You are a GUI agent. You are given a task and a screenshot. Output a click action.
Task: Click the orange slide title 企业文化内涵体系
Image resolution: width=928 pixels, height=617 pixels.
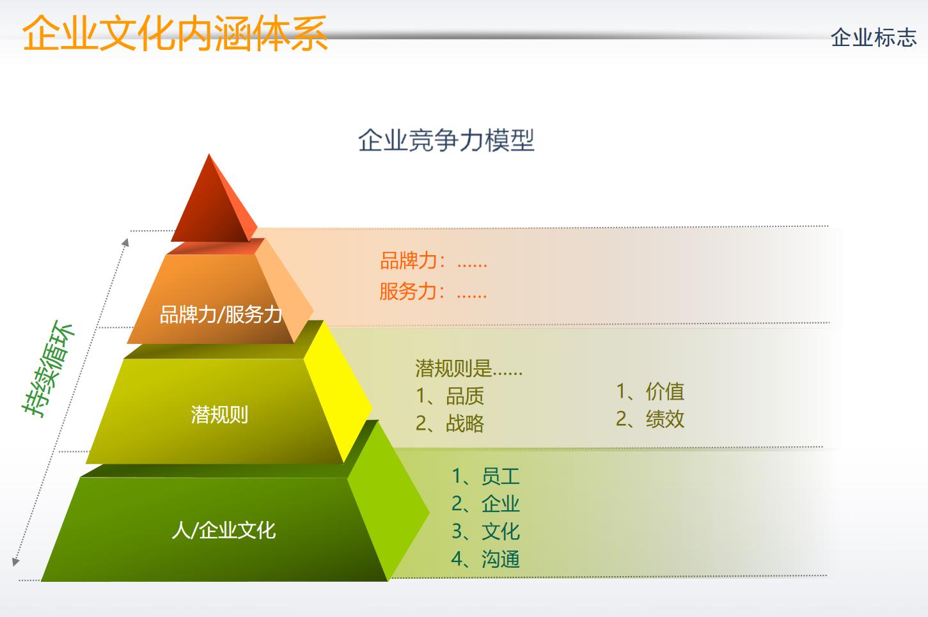(175, 33)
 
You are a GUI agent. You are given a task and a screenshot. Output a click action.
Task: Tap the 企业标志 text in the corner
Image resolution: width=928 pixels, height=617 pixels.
(873, 38)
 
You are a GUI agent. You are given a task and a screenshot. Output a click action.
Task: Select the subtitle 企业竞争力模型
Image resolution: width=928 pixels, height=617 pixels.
(446, 140)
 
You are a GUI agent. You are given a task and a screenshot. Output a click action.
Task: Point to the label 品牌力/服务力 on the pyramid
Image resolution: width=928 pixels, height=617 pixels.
(221, 314)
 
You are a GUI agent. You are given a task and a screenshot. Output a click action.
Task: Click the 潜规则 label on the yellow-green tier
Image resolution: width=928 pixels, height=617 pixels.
(219, 414)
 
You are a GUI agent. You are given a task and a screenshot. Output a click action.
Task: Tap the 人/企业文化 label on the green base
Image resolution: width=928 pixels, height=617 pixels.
(223, 529)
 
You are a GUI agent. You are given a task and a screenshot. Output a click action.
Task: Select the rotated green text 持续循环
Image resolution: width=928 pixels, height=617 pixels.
(49, 369)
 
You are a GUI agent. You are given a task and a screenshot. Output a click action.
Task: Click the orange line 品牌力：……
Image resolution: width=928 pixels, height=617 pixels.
(433, 261)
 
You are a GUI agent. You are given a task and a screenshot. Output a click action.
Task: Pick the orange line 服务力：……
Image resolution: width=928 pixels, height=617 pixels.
(433, 292)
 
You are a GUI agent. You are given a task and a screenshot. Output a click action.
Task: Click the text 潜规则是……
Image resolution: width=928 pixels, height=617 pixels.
(468, 368)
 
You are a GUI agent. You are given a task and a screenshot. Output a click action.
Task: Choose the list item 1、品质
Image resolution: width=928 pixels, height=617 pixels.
(449, 396)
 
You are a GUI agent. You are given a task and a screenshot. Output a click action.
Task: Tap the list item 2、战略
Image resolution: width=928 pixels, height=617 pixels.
(449, 423)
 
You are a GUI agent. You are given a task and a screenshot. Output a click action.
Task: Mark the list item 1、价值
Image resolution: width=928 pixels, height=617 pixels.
(650, 391)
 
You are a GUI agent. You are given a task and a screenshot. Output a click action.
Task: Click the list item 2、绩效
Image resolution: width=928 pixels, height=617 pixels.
(650, 419)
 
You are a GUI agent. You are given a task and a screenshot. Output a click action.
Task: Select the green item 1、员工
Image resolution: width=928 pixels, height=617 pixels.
(485, 476)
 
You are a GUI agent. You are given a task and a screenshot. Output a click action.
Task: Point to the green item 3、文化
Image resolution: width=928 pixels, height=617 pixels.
(485, 531)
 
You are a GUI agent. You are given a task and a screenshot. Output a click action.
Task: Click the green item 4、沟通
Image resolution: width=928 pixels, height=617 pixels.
(485, 559)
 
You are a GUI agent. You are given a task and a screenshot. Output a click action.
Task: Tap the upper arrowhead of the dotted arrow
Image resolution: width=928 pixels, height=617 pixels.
(126, 242)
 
